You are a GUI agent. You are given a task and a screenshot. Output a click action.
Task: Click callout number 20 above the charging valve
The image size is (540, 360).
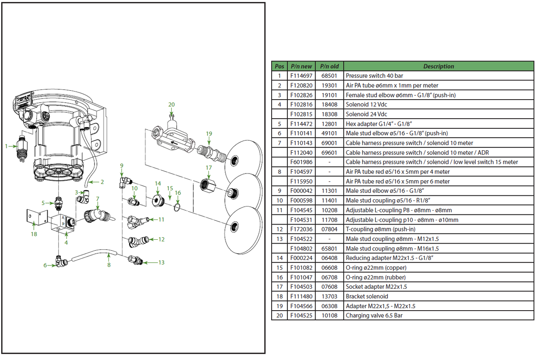[171, 105]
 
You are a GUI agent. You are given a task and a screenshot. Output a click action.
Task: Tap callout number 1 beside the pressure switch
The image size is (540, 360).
[6, 146]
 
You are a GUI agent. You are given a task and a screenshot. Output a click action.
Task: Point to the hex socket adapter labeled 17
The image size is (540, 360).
[208, 184]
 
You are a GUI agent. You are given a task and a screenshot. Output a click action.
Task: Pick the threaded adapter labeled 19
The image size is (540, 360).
[211, 151]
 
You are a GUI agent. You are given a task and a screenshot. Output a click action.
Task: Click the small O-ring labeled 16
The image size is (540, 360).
[178, 206]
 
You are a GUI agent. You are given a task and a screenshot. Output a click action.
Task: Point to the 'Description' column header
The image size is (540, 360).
[438, 66]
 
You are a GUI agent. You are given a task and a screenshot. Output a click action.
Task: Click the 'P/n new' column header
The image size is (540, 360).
[301, 66]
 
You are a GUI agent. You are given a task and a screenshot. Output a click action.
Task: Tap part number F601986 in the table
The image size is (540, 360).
[301, 162]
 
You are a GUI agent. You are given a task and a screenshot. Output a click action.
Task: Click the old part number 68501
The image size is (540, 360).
[329, 76]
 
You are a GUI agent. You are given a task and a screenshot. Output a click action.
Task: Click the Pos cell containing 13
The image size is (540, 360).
[279, 239]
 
